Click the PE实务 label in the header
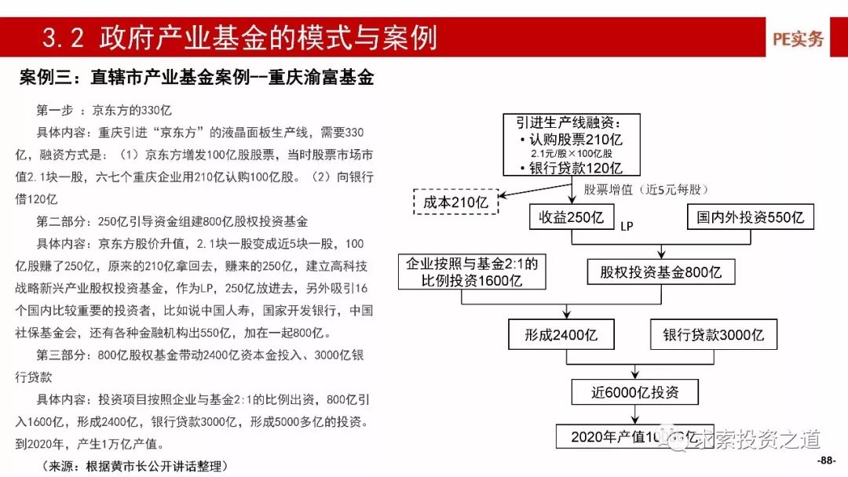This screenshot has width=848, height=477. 798,38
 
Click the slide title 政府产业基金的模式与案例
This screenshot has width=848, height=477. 239,38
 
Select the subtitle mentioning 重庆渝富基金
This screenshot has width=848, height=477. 196,78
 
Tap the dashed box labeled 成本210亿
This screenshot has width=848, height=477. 456,202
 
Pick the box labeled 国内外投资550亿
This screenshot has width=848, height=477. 751,217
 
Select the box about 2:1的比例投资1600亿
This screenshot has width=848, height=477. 472,272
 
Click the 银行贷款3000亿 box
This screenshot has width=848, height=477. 713,335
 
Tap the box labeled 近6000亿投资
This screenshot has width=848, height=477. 634,391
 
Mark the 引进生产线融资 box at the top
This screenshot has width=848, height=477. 572,145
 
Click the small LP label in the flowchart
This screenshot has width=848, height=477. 626,227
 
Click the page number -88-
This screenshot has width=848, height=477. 828,460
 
